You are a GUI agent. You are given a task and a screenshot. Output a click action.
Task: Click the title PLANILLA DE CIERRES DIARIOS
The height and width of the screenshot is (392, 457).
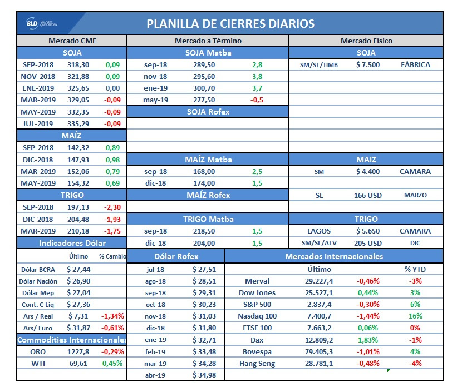[230, 24]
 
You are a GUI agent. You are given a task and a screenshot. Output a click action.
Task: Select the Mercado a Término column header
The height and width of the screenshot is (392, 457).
[208, 41]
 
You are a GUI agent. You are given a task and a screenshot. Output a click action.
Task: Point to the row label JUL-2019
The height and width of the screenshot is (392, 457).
[38, 123]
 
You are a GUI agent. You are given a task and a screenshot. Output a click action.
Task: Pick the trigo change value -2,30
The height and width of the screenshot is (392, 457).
[112, 207]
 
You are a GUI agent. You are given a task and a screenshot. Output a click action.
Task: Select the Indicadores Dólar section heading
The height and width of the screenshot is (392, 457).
[72, 243]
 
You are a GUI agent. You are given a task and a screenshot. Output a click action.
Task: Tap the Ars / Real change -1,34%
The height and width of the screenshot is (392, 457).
[112, 316]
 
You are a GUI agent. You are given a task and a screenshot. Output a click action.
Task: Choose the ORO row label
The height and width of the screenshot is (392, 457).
[38, 351]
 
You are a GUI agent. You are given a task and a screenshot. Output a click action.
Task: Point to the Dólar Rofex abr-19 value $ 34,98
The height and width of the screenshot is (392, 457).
[203, 375]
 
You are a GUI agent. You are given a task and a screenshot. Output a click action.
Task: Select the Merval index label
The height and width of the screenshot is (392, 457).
[257, 281]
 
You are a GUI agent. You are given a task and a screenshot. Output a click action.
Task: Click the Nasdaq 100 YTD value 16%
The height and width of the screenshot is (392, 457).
[415, 316]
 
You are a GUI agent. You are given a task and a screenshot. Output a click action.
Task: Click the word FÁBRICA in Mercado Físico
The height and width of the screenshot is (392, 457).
[415, 64]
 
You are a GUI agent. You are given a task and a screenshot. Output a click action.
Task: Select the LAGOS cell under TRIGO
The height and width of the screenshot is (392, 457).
[319, 231]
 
